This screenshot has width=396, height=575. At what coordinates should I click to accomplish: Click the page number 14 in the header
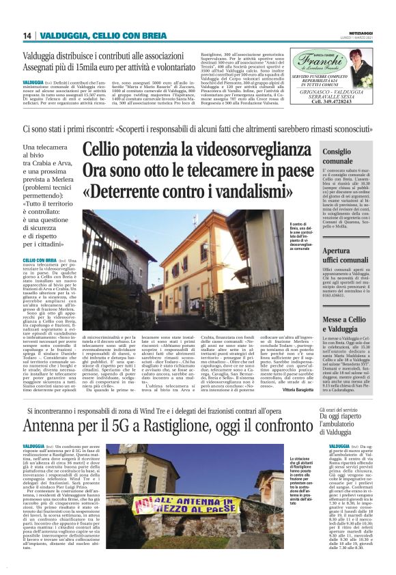[x=26, y=36]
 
